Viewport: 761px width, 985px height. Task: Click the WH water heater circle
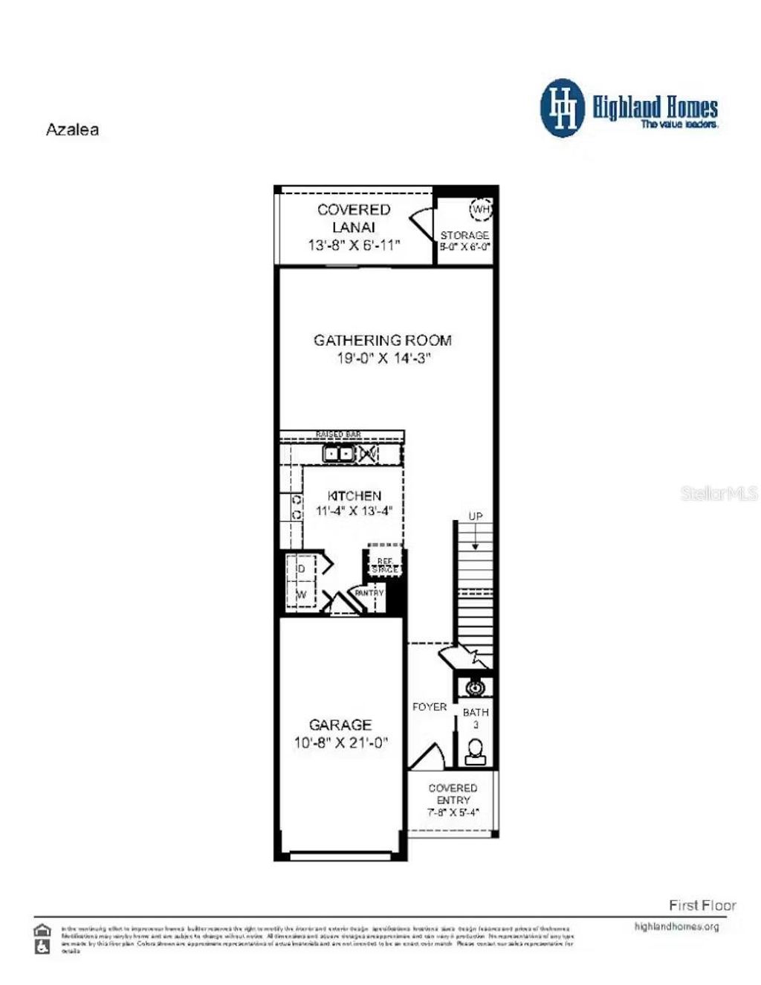pos(481,209)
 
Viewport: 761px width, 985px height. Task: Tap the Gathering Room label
pos(383,341)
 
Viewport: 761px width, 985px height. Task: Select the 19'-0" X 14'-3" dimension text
pos(383,359)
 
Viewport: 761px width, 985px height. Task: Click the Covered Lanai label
pos(354,219)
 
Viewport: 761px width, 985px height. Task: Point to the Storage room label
pos(464,235)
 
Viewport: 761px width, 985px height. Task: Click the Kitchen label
pos(354,495)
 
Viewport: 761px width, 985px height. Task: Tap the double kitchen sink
pos(339,453)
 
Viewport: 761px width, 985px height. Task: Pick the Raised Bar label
pos(338,434)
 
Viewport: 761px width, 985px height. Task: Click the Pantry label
pos(369,593)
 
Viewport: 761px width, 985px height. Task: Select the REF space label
pos(385,565)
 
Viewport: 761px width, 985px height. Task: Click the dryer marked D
pos(301,569)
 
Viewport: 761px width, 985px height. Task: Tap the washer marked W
pos(301,595)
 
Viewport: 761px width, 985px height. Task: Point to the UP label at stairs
pos(476,516)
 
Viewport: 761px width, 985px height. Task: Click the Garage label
pos(340,725)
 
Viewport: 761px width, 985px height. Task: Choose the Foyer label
pos(430,707)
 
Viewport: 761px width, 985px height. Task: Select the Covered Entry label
pos(453,794)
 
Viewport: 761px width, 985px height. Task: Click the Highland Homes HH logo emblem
pos(563,108)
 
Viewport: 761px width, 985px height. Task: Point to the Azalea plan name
pos(72,129)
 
